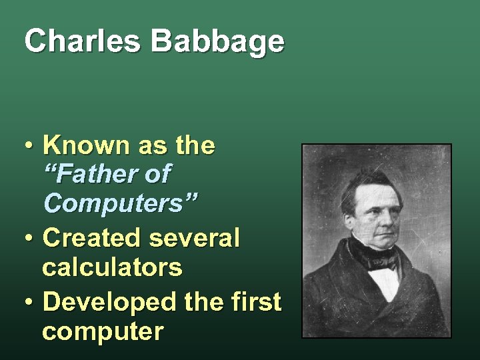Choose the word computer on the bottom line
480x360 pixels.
pyautogui.click(x=102, y=331)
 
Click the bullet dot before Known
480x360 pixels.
pyautogui.click(x=30, y=146)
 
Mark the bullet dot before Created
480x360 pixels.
pyautogui.click(x=30, y=238)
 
